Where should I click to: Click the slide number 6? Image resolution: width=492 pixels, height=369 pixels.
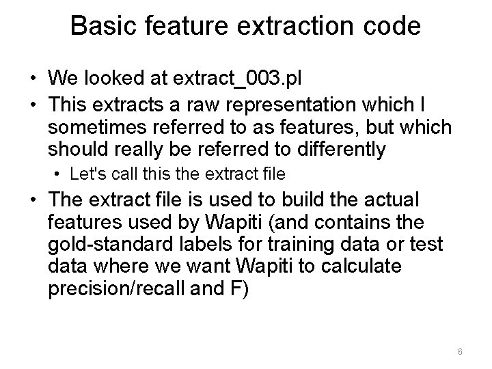pyautogui.click(x=460, y=352)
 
